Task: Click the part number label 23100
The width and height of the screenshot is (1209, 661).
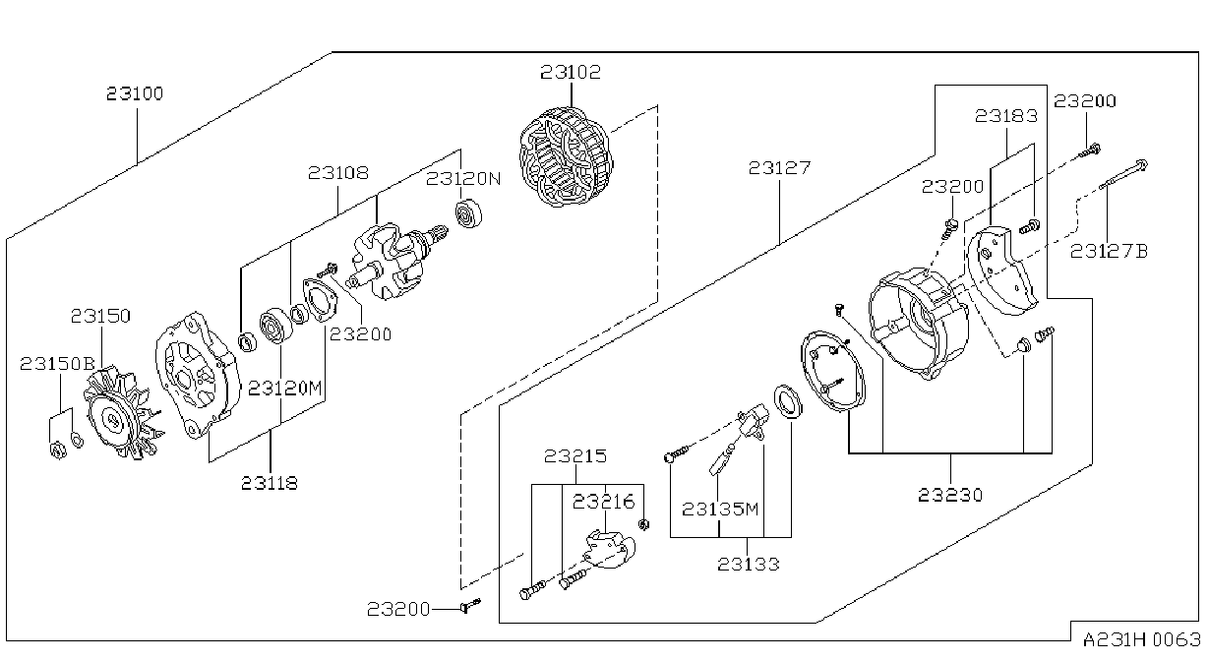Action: tap(135, 93)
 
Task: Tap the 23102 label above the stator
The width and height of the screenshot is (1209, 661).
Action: tap(571, 72)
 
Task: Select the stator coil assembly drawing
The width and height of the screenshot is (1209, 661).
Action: tap(566, 157)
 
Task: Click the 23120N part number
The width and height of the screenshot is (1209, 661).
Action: tap(463, 179)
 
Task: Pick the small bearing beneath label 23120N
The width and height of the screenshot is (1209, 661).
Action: tap(468, 213)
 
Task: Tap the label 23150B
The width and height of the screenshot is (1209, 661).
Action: tap(57, 364)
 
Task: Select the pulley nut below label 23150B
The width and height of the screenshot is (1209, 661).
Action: tap(57, 450)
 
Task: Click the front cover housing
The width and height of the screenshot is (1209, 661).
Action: tap(198, 375)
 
